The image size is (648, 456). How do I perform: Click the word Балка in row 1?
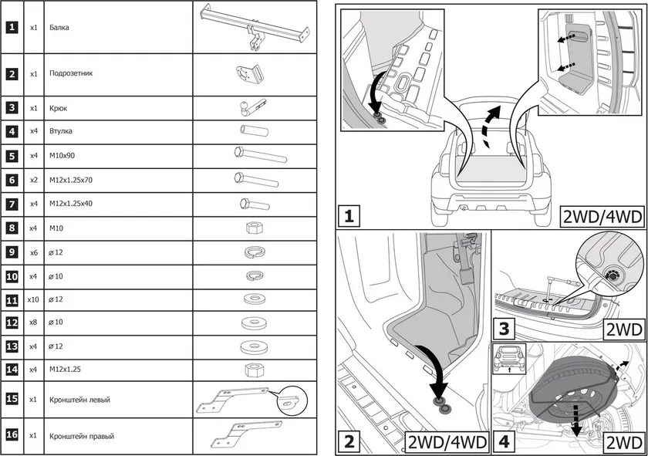coord(58,27)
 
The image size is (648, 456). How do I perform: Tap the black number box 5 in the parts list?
coord(12,155)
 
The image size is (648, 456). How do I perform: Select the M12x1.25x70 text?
coord(72,180)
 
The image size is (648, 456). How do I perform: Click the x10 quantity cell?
coord(33,299)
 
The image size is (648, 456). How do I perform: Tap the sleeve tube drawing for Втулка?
coord(252,131)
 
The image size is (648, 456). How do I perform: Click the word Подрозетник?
coord(70,75)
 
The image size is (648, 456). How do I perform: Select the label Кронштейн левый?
coord(79,400)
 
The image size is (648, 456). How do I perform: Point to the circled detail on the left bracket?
coord(292,400)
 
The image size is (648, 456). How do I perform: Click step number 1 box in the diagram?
coord(349,215)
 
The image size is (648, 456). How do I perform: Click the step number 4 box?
coord(504,442)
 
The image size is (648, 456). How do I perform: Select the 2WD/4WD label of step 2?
coord(447,442)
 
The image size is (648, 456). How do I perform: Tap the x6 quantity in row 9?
coord(33,252)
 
